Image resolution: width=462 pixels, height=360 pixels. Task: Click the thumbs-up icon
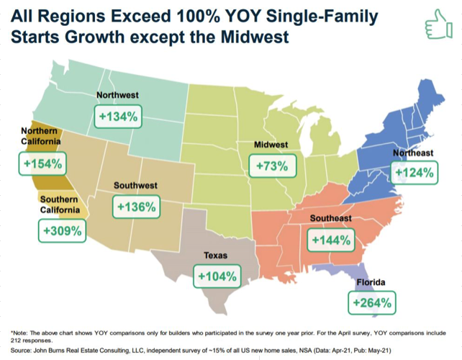click(439, 24)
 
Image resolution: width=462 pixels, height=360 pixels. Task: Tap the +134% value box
click(118, 117)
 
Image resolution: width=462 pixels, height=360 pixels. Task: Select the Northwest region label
click(117, 95)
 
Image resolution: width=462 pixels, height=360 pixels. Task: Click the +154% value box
click(42, 163)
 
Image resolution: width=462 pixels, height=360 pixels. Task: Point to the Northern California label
click(41, 136)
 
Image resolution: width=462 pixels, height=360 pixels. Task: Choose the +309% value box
click(62, 230)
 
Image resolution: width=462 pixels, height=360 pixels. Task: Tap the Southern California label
click(60, 204)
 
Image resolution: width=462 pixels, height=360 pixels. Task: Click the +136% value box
click(137, 207)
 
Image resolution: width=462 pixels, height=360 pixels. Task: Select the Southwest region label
click(135, 186)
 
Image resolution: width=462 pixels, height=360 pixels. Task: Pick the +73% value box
click(272, 166)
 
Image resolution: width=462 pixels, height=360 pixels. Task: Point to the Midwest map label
click(271, 145)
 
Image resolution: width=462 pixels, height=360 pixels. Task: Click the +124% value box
click(414, 173)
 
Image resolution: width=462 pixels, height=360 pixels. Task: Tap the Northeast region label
click(413, 153)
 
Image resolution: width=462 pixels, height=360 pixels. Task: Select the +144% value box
click(331, 240)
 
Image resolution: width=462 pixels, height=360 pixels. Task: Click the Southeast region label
click(331, 218)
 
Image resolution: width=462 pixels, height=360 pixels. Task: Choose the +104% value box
click(217, 276)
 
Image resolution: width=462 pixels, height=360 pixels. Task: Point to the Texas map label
click(216, 256)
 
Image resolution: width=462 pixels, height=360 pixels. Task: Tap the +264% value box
click(372, 303)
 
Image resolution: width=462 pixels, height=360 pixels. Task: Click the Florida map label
click(371, 282)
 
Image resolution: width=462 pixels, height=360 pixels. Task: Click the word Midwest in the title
click(255, 37)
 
